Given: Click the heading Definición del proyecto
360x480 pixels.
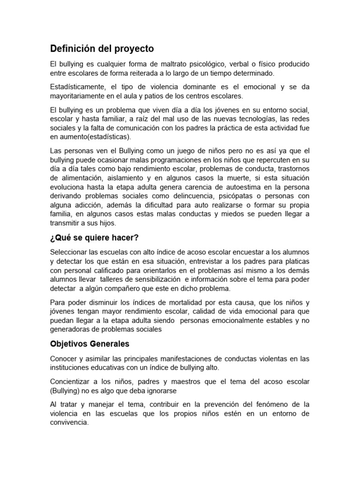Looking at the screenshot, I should (x=102, y=49).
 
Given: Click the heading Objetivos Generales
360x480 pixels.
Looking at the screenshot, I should (x=89, y=344).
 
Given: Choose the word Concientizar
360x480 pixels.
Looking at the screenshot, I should (x=72, y=382).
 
